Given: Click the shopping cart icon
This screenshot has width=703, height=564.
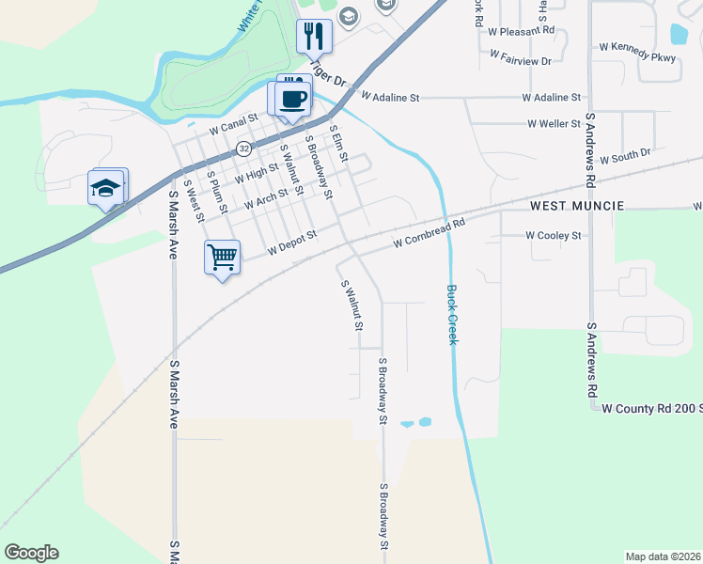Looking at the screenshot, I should [222, 256].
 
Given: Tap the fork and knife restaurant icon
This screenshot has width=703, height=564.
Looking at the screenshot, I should [313, 37].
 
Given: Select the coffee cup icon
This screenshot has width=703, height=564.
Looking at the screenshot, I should [293, 99].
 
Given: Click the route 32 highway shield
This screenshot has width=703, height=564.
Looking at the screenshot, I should [244, 149].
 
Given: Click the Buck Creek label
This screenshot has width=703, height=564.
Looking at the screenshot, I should [452, 314].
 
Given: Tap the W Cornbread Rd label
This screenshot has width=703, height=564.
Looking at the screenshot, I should [430, 233].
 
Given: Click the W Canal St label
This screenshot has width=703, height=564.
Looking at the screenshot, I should [233, 124].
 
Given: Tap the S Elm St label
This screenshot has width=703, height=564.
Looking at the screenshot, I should [336, 144].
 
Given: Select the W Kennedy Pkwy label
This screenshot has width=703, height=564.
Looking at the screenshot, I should [643, 52].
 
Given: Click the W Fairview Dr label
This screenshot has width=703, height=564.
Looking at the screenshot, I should [520, 61].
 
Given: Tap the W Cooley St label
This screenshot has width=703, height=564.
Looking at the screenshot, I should [554, 235].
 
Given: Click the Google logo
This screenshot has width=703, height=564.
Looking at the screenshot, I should [31, 553].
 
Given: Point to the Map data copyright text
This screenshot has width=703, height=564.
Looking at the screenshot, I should [662, 556].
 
